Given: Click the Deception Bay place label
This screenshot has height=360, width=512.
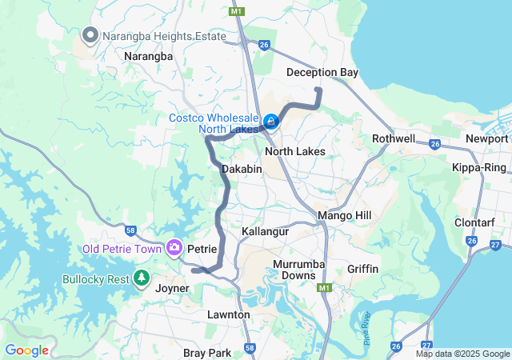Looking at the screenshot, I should pyautogui.click(x=322, y=73).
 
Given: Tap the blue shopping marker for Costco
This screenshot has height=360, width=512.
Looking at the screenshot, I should pyautogui.click(x=271, y=122).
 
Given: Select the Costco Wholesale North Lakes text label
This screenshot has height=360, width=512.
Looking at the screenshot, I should pyautogui.click(x=213, y=125).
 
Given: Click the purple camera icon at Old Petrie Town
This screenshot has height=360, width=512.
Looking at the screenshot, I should pyautogui.click(x=174, y=249).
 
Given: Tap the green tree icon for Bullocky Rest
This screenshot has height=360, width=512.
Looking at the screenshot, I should pyautogui.click(x=142, y=278).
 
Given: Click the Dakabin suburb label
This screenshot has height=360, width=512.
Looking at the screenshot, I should pyautogui.click(x=242, y=169).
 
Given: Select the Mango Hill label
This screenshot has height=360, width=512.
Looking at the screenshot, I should pyautogui.click(x=345, y=216).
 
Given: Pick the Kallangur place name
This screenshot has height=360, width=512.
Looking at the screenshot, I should pyautogui.click(x=265, y=231).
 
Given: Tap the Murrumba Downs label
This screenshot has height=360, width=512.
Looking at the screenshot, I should pyautogui.click(x=297, y=270).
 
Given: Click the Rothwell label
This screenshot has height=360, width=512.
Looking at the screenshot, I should pyautogui.click(x=394, y=138).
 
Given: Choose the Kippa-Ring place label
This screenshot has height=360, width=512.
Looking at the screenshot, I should pyautogui.click(x=478, y=168).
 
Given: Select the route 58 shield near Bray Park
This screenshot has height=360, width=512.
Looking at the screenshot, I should pyautogui.click(x=250, y=348).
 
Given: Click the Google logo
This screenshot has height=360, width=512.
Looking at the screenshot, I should pyautogui.click(x=26, y=350).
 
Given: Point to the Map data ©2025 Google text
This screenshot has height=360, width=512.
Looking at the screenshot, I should pyautogui.click(x=462, y=354).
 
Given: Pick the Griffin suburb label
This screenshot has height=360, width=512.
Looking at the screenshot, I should pyautogui.click(x=363, y=269).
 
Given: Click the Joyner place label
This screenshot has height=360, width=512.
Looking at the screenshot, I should pyautogui.click(x=172, y=288).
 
